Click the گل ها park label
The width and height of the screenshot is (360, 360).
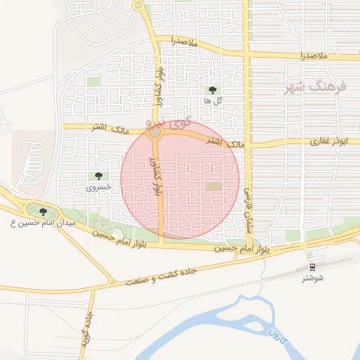pyautogui.click(x=212, y=101)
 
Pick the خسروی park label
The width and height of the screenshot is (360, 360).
pyautogui.click(x=98, y=187)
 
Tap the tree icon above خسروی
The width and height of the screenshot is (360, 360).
pyautogui.click(x=98, y=176)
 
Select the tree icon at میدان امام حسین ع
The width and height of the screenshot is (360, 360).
pyautogui.click(x=43, y=212)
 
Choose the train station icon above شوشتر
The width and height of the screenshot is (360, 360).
pyautogui.click(x=311, y=267)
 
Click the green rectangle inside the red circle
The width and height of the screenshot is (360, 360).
pyautogui.click(x=213, y=186)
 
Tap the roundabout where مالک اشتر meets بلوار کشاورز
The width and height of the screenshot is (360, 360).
pyautogui.click(x=155, y=132)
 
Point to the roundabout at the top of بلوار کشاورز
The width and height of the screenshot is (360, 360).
pyautogui.click(x=139, y=6)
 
